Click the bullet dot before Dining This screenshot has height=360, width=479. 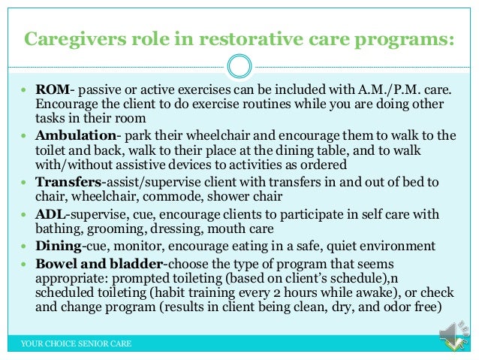(x=25, y=247)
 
